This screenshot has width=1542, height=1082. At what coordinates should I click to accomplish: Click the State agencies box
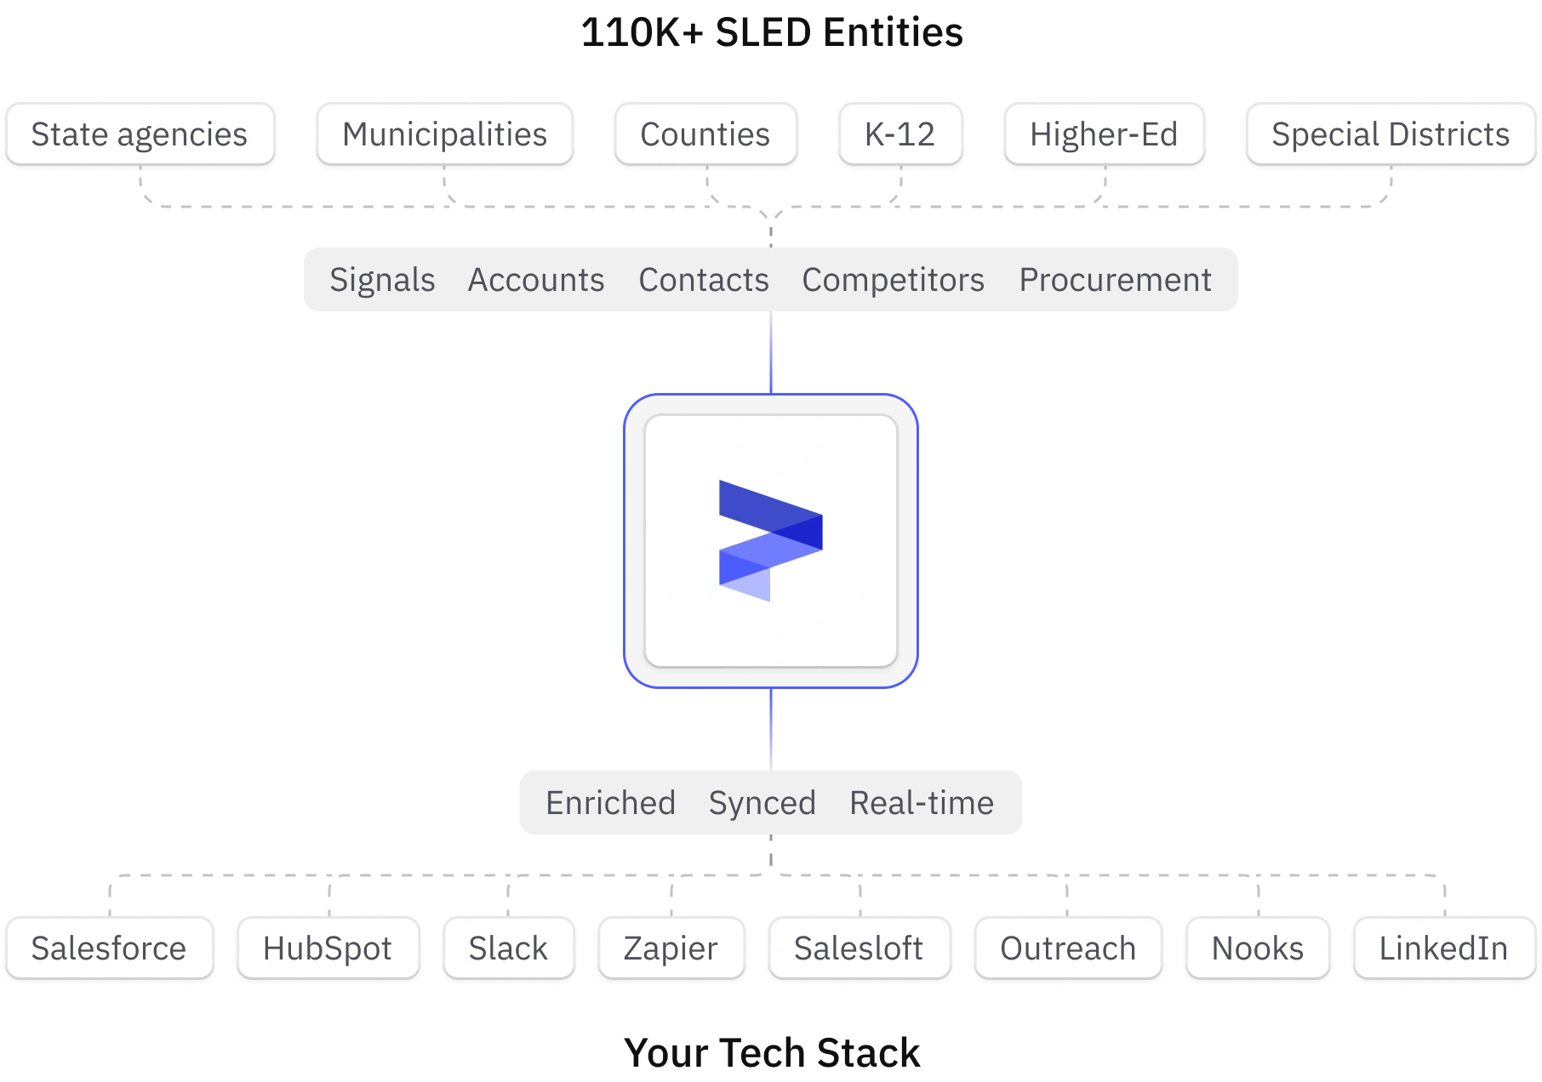click(140, 134)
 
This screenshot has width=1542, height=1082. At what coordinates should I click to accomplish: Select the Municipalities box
click(444, 134)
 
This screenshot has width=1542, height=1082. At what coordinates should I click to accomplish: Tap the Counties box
click(705, 134)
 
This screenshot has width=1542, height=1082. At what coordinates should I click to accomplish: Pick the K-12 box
click(899, 134)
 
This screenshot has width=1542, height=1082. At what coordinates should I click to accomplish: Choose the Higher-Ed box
click(1104, 134)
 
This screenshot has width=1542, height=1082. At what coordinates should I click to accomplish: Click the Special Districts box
click(1390, 134)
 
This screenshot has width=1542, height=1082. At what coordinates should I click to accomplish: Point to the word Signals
click(382, 280)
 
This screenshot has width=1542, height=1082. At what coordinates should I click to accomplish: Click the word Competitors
click(893, 280)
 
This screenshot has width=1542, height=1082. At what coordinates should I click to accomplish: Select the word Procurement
click(1115, 280)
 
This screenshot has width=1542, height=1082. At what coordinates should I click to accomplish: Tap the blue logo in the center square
click(770, 541)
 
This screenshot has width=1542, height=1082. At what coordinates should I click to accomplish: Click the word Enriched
click(610, 803)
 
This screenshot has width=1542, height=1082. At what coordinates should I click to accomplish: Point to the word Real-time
click(922, 803)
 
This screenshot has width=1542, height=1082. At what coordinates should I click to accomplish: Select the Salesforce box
click(109, 948)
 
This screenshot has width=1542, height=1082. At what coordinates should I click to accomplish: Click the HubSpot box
click(328, 948)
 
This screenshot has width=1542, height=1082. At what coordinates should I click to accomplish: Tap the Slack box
click(508, 948)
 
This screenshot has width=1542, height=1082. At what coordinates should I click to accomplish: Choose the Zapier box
click(671, 948)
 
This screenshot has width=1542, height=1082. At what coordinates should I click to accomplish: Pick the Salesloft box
click(858, 948)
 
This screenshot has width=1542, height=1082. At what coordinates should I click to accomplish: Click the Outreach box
click(1068, 948)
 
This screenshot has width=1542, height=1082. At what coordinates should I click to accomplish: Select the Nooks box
click(1257, 948)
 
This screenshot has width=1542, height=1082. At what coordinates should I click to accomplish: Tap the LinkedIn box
click(1443, 948)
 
